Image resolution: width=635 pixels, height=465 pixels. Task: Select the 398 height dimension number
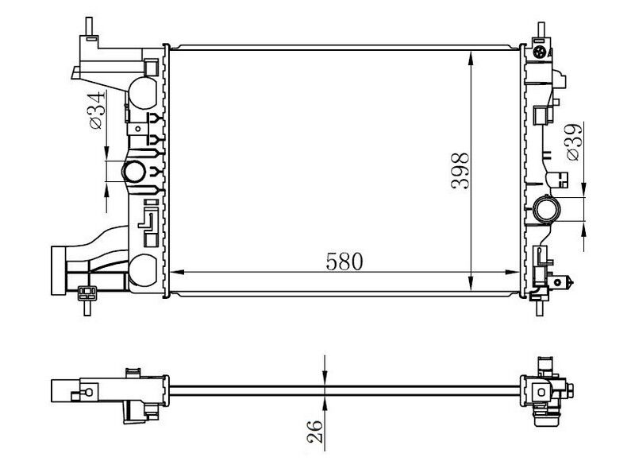tap(459, 171)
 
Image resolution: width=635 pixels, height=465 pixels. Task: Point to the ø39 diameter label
tap(572, 142)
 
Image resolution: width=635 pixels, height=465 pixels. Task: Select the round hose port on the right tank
tap(548, 211)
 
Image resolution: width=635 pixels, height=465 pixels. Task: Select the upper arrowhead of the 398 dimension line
tap(472, 56)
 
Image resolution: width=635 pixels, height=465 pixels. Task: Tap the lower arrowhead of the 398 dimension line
tap(472, 288)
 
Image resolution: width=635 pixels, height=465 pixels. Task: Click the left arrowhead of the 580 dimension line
tap(175, 273)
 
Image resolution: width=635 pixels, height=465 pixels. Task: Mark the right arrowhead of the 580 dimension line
tap(516, 273)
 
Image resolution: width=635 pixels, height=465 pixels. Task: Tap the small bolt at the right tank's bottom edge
tap(570, 280)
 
